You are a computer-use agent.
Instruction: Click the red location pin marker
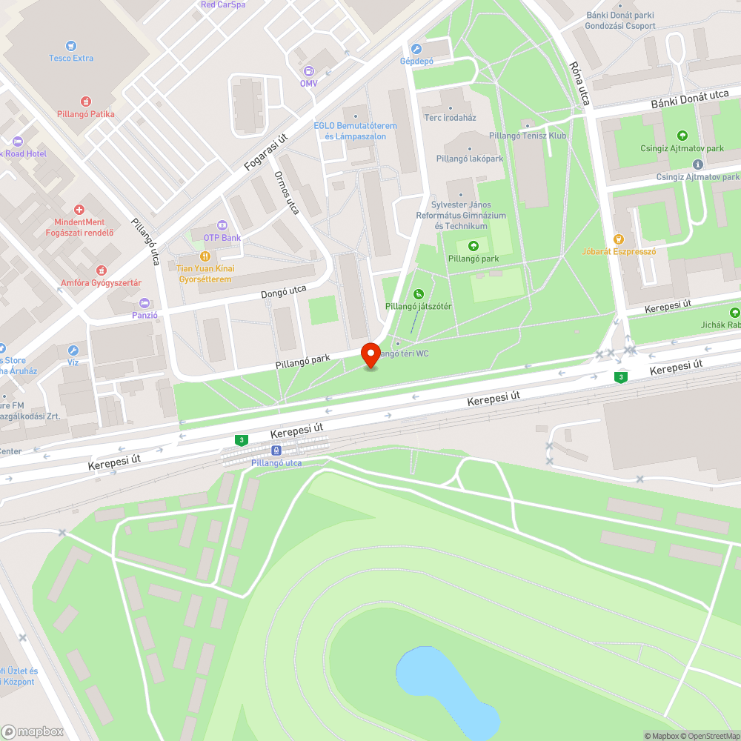pyautogui.click(x=370, y=354)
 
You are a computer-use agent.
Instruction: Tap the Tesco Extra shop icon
pyautogui.click(x=71, y=46)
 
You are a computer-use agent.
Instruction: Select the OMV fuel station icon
pyautogui.click(x=308, y=71)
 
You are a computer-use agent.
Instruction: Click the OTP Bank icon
pyautogui.click(x=221, y=225)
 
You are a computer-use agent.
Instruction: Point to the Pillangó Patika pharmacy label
pyautogui.click(x=86, y=114)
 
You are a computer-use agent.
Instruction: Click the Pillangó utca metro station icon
pyautogui.click(x=276, y=450)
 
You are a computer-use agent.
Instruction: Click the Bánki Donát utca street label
pyautogui.click(x=690, y=100)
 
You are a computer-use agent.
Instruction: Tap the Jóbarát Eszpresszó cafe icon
pyautogui.click(x=619, y=239)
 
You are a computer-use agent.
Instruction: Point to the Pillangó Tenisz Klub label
pyautogui.click(x=528, y=136)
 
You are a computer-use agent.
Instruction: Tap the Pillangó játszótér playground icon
pyautogui.click(x=419, y=294)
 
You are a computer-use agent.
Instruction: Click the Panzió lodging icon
pyautogui.click(x=144, y=302)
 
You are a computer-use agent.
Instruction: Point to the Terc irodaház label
pyautogui.click(x=450, y=118)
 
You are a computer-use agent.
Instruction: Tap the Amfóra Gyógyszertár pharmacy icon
pyautogui.click(x=102, y=271)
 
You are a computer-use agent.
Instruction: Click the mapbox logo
pyautogui.click(x=33, y=731)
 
